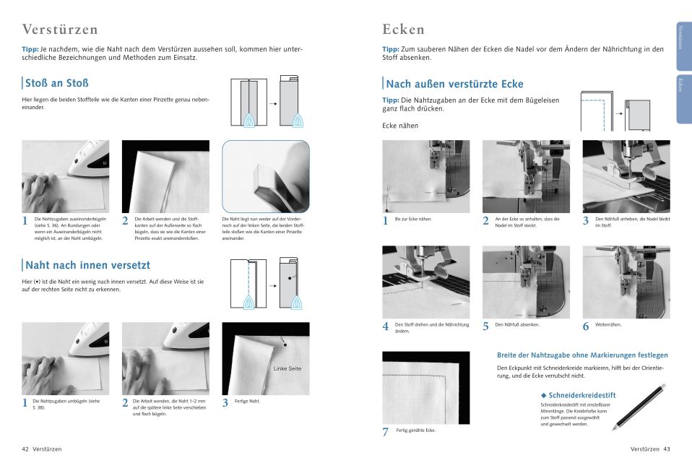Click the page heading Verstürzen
(x=60, y=30)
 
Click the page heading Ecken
(x=403, y=30)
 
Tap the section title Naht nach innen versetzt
(x=88, y=265)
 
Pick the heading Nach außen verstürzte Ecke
(x=455, y=84)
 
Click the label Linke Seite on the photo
(x=287, y=368)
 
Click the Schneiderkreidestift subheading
(x=581, y=395)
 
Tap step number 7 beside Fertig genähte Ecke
(x=386, y=432)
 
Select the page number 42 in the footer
(x=25, y=448)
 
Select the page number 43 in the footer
(x=667, y=448)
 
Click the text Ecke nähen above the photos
(x=400, y=126)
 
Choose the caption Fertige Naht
(x=247, y=401)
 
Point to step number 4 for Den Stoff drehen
(x=386, y=326)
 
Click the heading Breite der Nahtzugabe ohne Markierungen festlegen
(x=582, y=355)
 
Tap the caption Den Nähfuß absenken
(x=517, y=324)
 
